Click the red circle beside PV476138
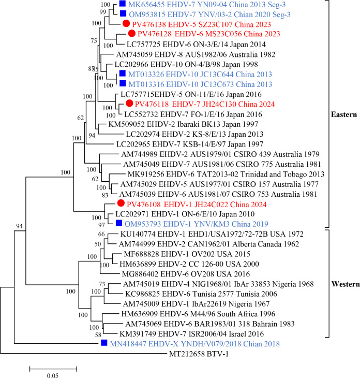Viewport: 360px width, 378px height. pyautogui.click(x=126, y=24)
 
